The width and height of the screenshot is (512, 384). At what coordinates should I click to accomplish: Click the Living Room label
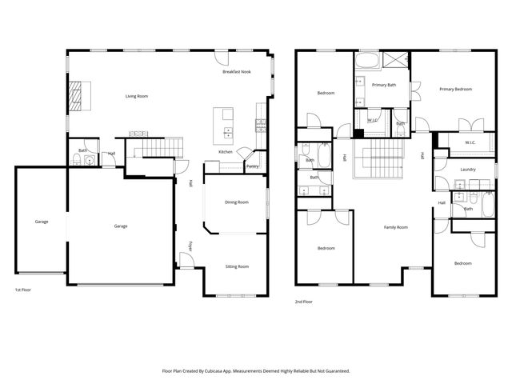137,97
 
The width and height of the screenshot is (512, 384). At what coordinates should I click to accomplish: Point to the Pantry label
252,166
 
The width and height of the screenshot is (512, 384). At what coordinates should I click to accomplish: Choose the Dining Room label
236,202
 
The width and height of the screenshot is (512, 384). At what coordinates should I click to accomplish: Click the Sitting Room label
236,266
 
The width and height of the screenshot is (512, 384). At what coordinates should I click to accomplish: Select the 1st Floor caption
24,290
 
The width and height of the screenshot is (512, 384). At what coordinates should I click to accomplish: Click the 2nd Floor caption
304,302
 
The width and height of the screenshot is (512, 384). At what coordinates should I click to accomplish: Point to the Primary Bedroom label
454,89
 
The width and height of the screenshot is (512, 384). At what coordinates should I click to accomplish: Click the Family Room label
395,227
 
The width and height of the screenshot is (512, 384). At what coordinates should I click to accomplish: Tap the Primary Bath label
385,84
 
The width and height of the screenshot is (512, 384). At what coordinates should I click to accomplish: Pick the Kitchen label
226,152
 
